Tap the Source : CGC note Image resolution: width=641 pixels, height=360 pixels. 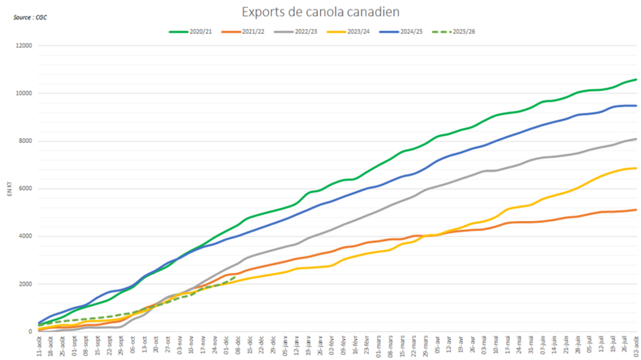(30, 17)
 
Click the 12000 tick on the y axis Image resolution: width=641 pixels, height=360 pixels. (24, 46)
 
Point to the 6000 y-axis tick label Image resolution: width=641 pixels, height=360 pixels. (26, 189)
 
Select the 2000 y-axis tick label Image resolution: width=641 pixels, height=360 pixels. (26, 284)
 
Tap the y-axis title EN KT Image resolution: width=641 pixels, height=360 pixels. (9, 189)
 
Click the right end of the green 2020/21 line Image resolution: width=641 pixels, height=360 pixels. (635, 79)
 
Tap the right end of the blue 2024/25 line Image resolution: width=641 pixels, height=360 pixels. (635, 106)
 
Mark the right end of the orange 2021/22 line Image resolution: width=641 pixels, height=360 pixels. (635, 209)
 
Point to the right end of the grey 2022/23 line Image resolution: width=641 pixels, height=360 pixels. (635, 139)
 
